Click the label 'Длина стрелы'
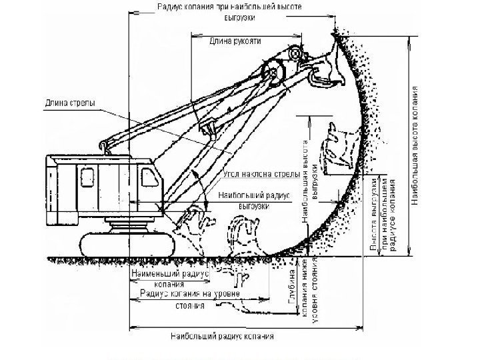(70, 103)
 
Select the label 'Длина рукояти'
(235, 41)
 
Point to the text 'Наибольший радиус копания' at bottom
(222, 335)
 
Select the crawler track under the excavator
(127, 243)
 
